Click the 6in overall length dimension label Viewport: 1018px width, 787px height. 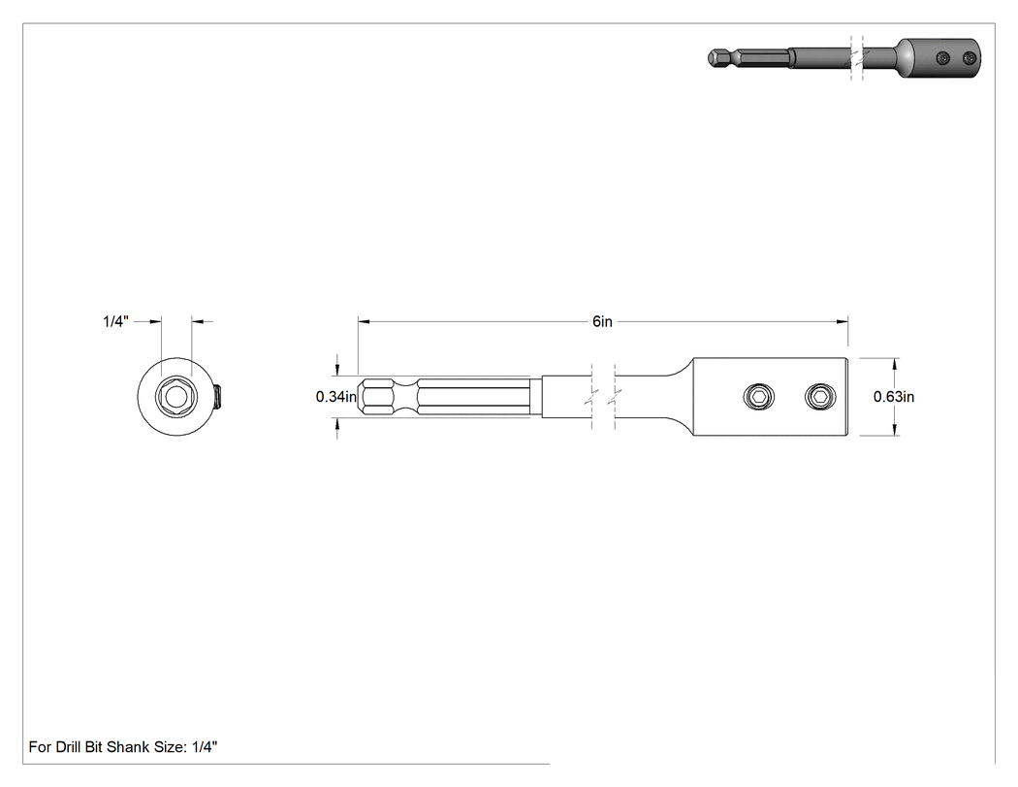602,321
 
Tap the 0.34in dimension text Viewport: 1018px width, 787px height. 336,397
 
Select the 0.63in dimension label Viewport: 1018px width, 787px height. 894,397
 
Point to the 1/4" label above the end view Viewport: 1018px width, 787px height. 116,321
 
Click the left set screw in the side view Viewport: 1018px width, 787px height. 759,397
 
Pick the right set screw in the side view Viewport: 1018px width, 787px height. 820,397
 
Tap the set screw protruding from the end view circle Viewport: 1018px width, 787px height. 217,397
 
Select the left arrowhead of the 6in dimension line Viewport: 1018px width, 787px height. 364,321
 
